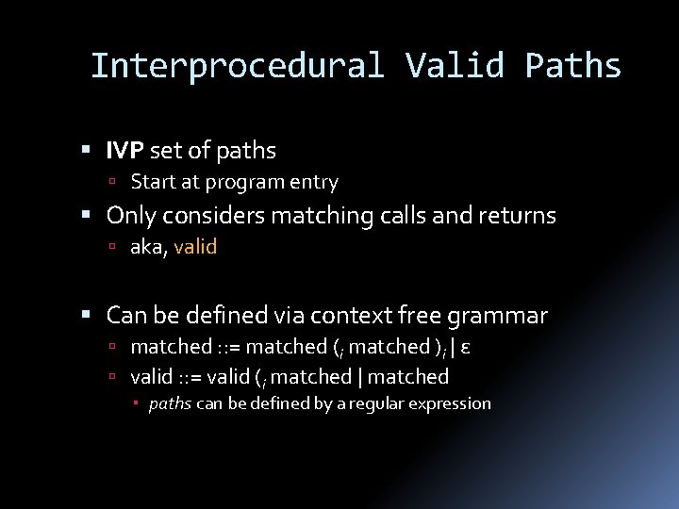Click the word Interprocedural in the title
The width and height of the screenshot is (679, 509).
coord(237,66)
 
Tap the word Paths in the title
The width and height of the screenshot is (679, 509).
coord(573,66)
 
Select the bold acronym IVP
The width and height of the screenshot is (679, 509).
coord(124,150)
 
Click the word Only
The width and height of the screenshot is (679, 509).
coord(131,216)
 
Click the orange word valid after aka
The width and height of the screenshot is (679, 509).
coord(195,247)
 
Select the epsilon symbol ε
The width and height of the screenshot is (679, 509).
coord(466,347)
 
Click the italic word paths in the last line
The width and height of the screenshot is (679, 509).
coord(170,403)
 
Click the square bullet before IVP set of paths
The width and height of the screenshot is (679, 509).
coord(86,151)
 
